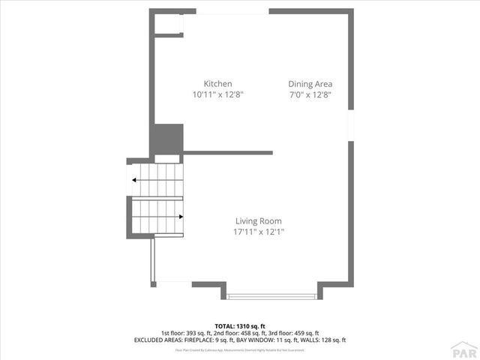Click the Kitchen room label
click(x=217, y=84)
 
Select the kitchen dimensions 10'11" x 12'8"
click(x=217, y=95)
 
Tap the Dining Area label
click(x=310, y=84)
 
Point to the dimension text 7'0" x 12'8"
click(x=310, y=95)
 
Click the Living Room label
click(x=258, y=221)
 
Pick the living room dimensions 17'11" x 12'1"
click(x=258, y=232)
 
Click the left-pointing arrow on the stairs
click(x=133, y=180)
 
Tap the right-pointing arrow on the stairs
click(x=181, y=217)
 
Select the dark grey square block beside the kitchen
click(x=167, y=139)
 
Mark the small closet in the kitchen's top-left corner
click(x=167, y=24)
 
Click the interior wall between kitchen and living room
click(x=227, y=152)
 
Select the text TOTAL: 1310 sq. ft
click(x=239, y=326)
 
